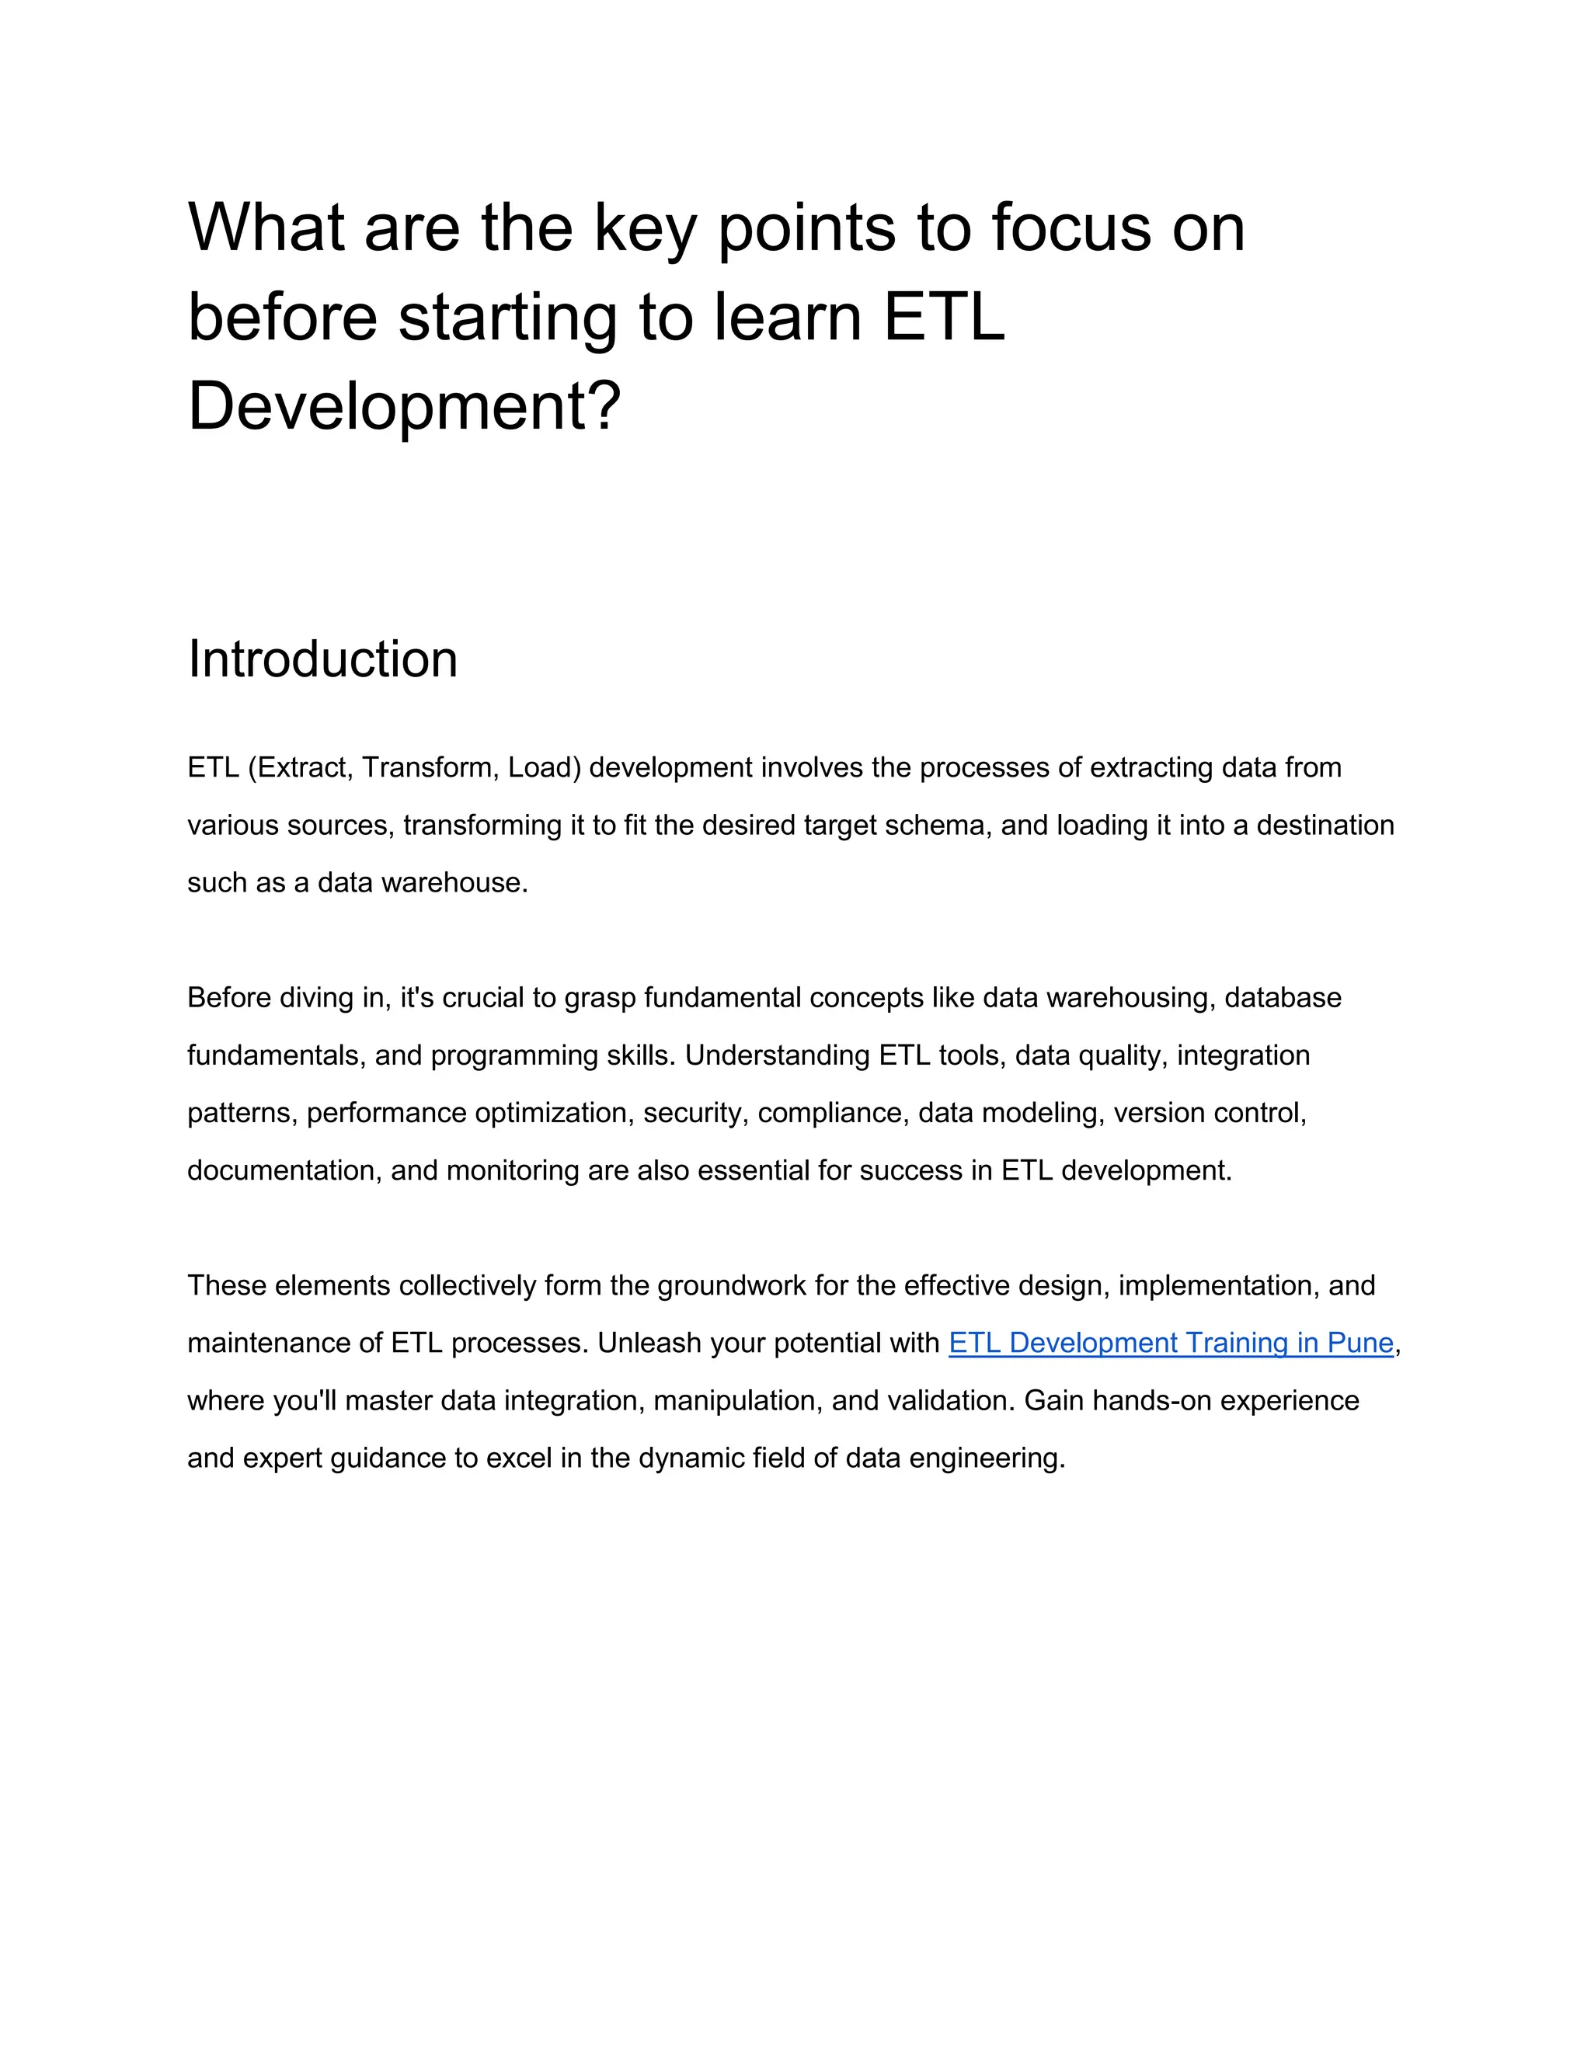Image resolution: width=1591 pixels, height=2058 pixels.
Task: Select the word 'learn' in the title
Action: click(x=788, y=317)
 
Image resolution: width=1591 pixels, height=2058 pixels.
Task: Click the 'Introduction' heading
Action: click(x=322, y=659)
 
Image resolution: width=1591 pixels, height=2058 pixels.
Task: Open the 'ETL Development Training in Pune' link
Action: click(x=1171, y=1343)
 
